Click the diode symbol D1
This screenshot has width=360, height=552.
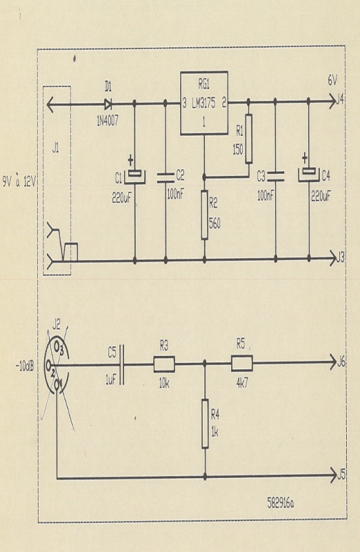point(108,104)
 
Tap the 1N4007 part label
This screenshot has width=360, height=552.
point(108,121)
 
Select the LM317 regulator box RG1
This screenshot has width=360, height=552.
point(204,103)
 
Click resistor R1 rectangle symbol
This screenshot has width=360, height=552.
point(248,139)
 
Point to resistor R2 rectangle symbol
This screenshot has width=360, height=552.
point(204,215)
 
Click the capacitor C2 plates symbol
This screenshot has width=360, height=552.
point(166,178)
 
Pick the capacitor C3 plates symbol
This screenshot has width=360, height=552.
point(275,177)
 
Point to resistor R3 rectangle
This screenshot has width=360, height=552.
point(164,364)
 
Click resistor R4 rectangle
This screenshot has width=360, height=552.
point(205,424)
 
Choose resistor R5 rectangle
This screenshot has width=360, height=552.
point(242,364)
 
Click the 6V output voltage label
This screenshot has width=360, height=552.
point(332,81)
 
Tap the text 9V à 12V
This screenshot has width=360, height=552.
point(19,181)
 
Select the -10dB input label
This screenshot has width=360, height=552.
point(25,366)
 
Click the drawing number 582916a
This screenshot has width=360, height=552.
point(281,504)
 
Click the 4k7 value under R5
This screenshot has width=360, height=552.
point(242,383)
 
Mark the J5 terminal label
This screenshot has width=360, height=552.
point(341,475)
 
